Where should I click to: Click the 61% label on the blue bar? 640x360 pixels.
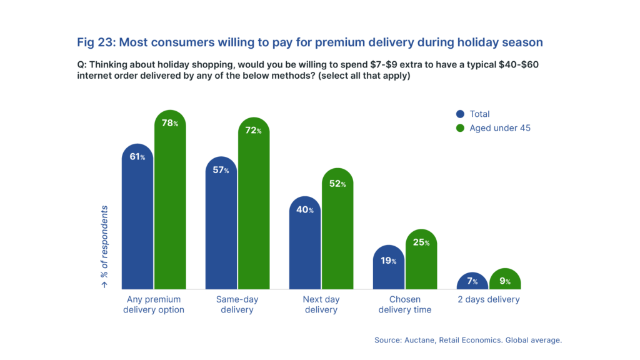[137, 157]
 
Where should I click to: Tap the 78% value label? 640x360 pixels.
[170, 123]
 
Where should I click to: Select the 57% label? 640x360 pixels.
[221, 170]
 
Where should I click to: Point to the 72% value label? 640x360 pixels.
[253, 131]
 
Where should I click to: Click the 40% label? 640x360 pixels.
[305, 210]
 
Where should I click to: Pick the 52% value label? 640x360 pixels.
[337, 184]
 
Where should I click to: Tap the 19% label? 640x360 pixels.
[388, 261]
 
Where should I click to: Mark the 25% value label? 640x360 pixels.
[421, 242]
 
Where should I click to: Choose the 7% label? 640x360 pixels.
[472, 281]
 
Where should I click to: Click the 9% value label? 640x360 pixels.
[505, 281]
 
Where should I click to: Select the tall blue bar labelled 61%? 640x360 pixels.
[137, 225]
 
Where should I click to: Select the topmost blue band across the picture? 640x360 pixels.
[320, 43]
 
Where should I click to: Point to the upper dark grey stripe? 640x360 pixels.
[320, 64]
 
